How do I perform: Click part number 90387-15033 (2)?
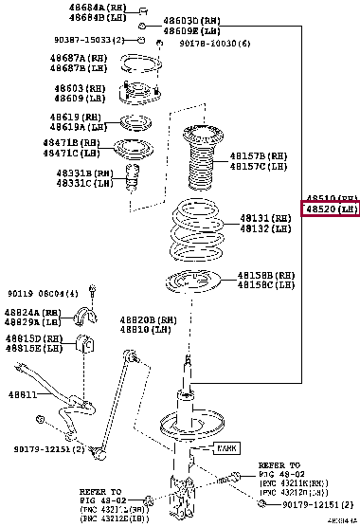tap(90, 40)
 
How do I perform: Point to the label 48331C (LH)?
tap(81, 182)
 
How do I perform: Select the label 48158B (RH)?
tap(268, 274)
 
